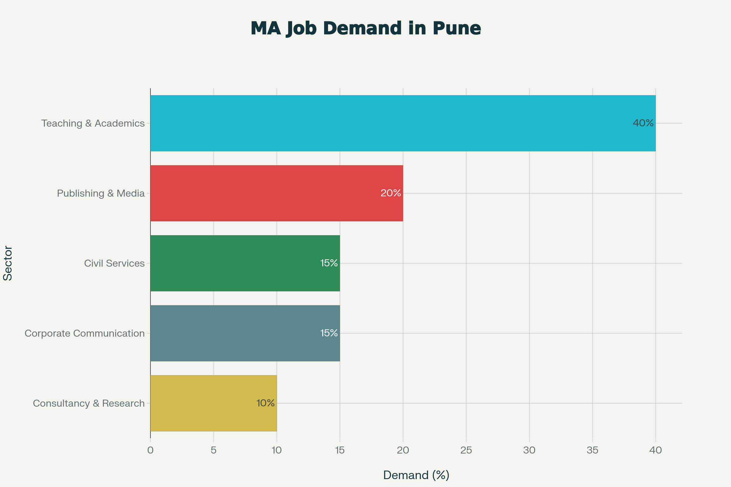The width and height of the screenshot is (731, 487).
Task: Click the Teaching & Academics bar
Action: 403,123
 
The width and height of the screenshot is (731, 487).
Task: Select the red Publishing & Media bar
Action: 277,193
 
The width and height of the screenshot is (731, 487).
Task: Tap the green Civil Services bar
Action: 245,263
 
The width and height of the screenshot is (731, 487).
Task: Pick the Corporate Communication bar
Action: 245,333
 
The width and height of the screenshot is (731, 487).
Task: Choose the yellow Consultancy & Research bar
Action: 214,403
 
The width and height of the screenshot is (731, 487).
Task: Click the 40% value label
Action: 643,123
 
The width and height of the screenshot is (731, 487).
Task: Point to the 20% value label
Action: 391,193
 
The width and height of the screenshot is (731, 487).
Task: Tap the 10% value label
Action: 265,403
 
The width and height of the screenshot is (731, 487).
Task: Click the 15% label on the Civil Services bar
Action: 329,263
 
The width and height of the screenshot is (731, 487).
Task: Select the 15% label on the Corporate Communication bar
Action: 329,333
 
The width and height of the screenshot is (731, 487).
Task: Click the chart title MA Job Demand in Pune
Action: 365,29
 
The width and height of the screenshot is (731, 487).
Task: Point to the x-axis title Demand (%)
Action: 416,475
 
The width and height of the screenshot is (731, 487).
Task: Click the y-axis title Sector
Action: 8,263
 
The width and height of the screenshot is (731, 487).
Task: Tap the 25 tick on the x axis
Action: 466,450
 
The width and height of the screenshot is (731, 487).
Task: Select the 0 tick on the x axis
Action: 150,450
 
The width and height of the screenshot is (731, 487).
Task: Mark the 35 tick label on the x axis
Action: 592,450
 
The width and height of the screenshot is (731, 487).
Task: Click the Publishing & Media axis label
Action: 101,194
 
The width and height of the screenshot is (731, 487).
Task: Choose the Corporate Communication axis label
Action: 85,334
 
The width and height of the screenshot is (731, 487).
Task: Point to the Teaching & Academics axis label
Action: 93,124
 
